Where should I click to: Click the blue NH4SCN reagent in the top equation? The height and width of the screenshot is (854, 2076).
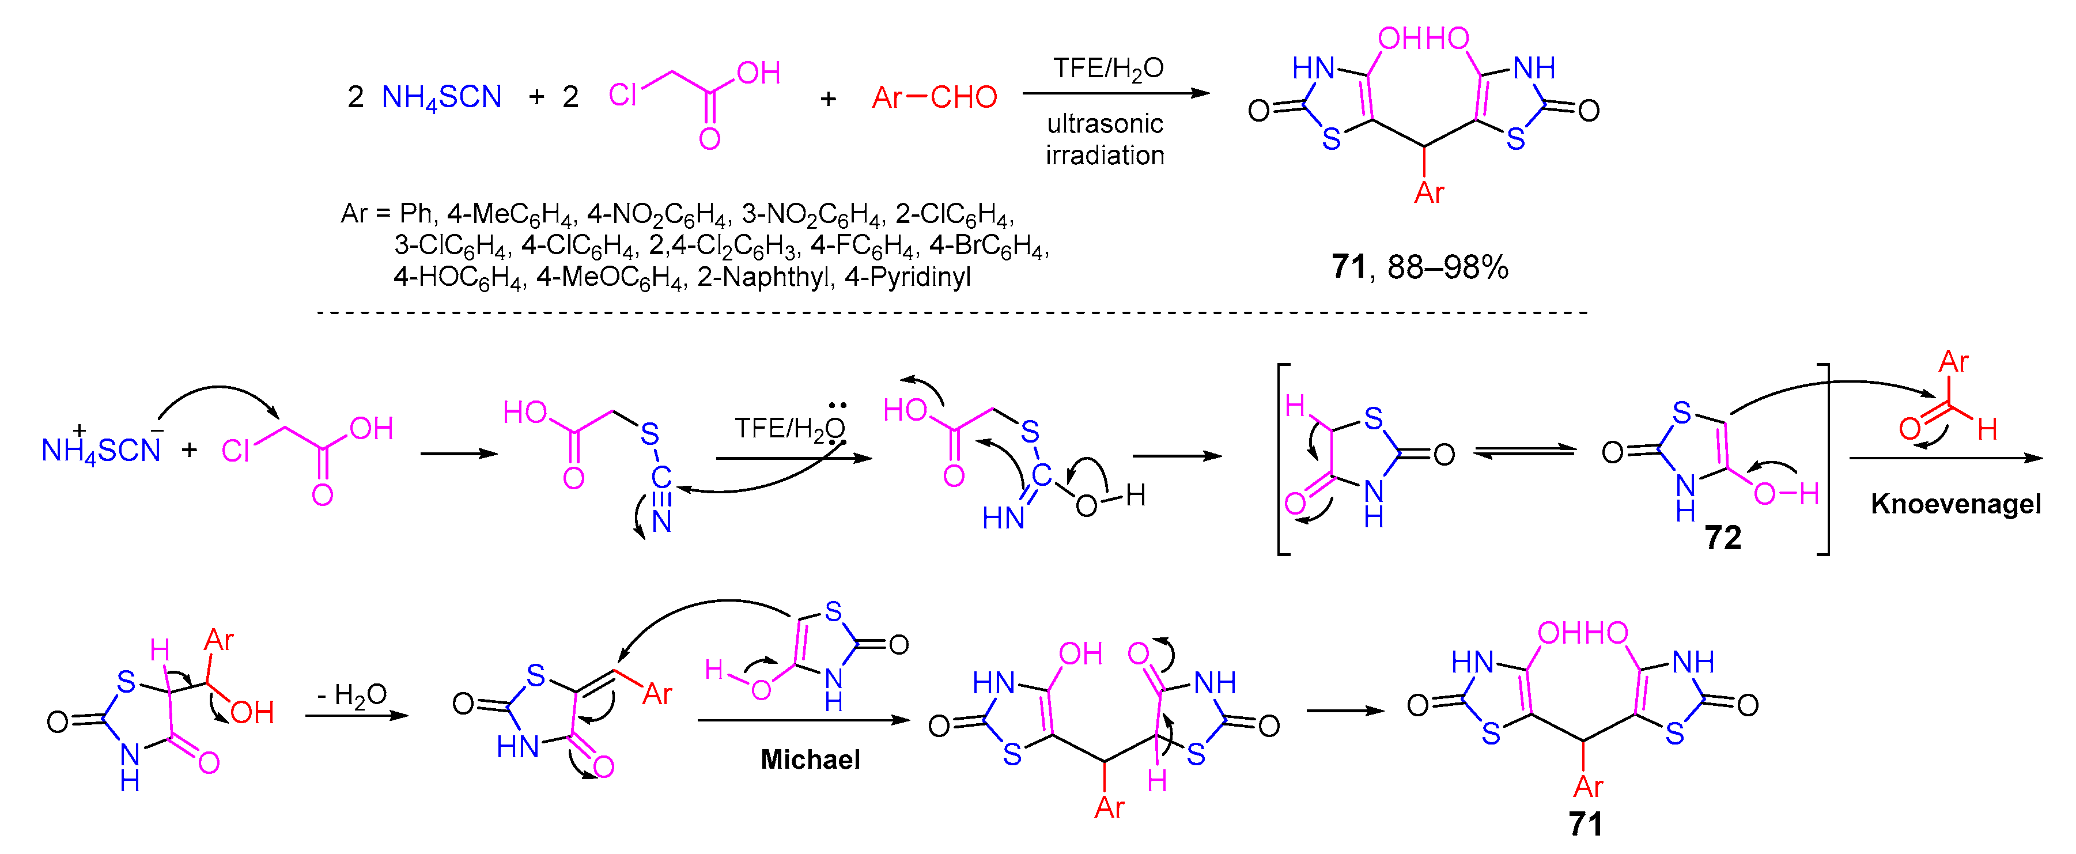pyautogui.click(x=441, y=97)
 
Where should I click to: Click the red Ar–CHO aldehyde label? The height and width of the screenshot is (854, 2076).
pyautogui.click(x=934, y=97)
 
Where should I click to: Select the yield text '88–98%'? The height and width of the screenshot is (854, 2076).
pyautogui.click(x=1447, y=267)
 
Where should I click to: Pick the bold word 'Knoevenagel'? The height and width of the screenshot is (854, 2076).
pyautogui.click(x=1956, y=504)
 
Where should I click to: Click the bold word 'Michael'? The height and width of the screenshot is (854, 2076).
pyautogui.click(x=810, y=759)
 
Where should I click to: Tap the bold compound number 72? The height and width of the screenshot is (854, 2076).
pyautogui.click(x=1722, y=538)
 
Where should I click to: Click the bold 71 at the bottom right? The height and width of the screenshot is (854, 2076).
pyautogui.click(x=1585, y=823)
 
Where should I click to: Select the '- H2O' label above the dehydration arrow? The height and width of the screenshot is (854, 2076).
pyautogui.click(x=352, y=694)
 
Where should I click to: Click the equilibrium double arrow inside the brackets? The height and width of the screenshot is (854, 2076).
pyautogui.click(x=1524, y=452)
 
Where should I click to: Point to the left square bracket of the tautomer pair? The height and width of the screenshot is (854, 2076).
pyautogui.click(x=1281, y=459)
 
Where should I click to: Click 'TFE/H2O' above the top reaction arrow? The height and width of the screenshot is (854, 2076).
pyautogui.click(x=1108, y=69)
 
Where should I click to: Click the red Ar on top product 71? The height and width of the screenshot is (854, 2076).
pyautogui.click(x=1429, y=192)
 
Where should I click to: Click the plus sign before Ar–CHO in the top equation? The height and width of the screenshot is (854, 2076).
pyautogui.click(x=827, y=99)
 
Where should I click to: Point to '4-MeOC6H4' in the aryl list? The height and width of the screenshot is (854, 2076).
pyautogui.click(x=610, y=277)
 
